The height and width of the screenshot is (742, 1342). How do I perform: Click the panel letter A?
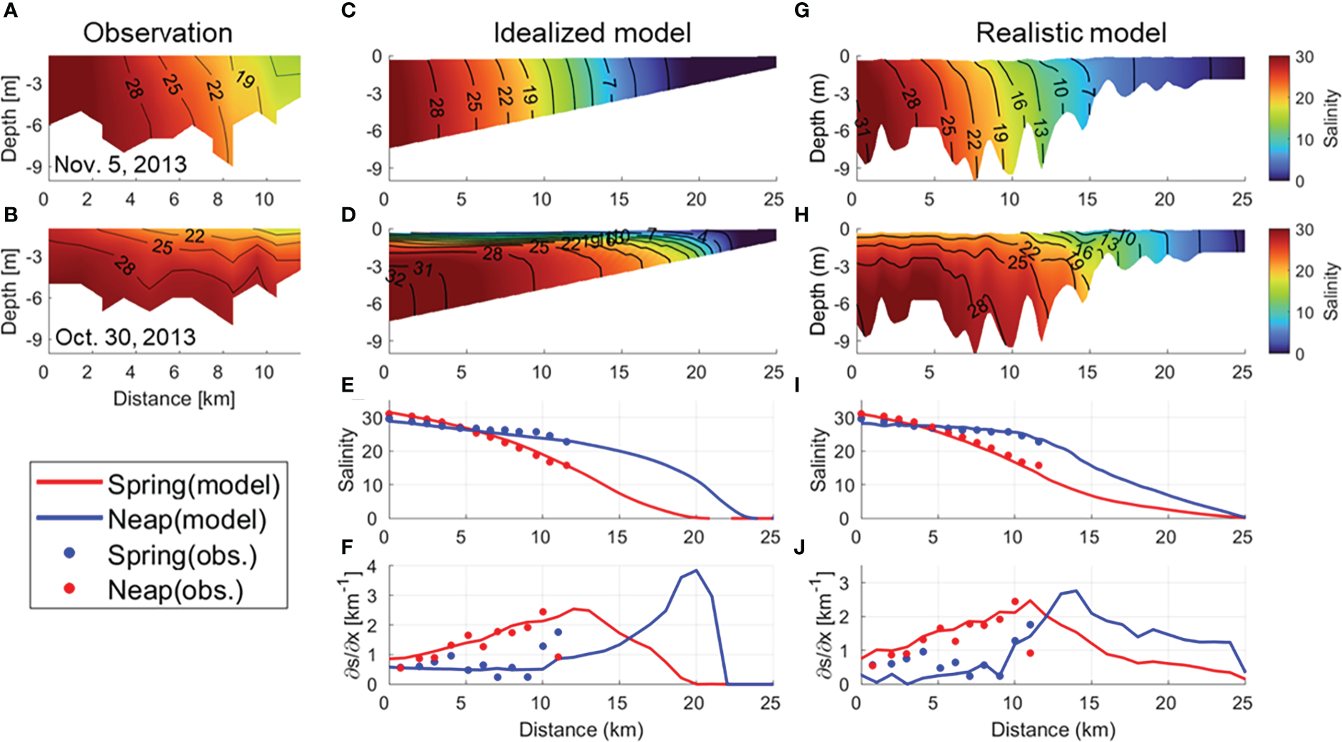tap(10, 11)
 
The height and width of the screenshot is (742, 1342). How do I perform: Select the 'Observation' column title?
tap(157, 33)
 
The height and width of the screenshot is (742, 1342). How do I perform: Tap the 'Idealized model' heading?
tap(592, 33)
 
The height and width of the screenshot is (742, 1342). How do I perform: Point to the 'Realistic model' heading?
tap(1071, 33)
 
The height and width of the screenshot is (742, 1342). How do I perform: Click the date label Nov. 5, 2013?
tap(120, 164)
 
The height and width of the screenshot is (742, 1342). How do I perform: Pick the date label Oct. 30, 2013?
tap(125, 337)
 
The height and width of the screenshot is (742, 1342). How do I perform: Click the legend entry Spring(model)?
tap(193, 485)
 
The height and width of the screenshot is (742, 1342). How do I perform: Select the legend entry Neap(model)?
tap(187, 520)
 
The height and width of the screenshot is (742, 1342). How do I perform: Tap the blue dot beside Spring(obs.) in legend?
tap(70, 553)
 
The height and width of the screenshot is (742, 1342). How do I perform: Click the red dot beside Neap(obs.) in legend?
tap(69, 588)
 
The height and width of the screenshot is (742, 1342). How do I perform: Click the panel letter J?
tap(799, 547)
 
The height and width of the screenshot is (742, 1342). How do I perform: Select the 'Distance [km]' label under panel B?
tap(174, 399)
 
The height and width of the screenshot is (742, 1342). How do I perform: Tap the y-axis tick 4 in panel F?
tap(370, 567)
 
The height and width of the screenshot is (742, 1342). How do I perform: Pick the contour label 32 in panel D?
tap(396, 277)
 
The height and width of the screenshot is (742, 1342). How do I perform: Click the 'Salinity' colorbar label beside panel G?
tap(1330, 118)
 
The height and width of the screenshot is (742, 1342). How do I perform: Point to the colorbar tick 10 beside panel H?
tap(1304, 313)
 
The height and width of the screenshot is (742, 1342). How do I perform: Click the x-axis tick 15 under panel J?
tap(1089, 703)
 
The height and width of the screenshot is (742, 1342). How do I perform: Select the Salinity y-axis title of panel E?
tap(347, 460)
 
